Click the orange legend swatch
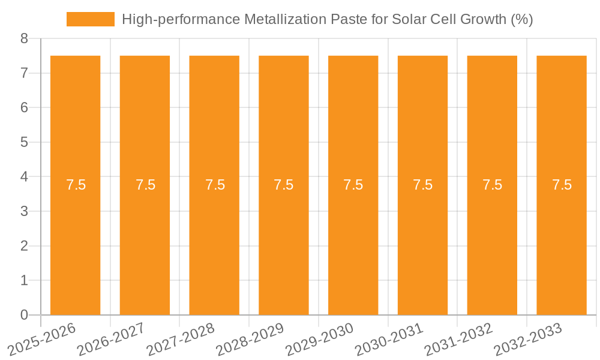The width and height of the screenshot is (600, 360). pos(90,19)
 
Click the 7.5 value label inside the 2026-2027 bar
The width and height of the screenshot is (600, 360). pos(146,185)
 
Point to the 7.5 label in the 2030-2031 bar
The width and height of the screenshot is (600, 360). pos(423,185)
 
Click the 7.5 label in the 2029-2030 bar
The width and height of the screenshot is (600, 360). pos(353,185)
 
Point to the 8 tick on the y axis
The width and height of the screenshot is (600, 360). pos(24,39)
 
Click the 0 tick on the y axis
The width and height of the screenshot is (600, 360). pos(24,315)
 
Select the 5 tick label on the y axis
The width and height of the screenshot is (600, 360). pos(24,142)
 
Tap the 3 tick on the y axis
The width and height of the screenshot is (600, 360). pos(24,211)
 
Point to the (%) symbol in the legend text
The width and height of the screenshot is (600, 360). pos(521,19)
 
